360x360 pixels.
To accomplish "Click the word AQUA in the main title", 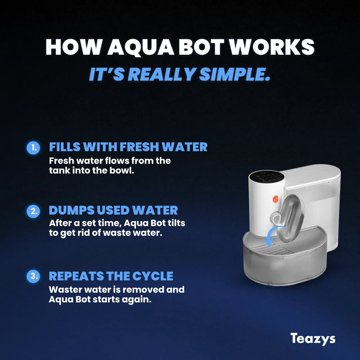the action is click(140, 47).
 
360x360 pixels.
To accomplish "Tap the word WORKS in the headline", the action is click(272, 47).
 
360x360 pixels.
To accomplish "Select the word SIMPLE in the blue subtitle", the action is click(235, 74).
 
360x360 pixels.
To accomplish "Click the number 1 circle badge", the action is click(33, 148).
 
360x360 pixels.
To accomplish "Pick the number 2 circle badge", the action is click(33, 211).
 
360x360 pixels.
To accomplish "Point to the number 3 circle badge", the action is click(33, 276).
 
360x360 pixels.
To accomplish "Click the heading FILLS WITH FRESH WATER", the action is click(128, 147).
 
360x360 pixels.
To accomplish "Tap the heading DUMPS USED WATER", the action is click(113, 210).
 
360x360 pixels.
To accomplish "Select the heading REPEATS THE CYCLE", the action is click(111, 276).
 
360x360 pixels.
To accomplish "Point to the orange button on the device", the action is click(275, 199).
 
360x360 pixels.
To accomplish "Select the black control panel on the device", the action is click(267, 176).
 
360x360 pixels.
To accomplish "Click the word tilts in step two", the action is click(176, 223).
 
